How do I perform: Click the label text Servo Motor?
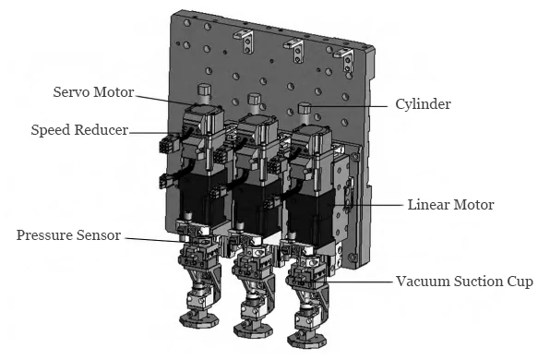(x=92, y=92)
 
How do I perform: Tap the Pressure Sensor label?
(x=68, y=235)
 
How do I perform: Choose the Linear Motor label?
(x=450, y=204)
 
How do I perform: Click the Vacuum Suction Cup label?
(x=464, y=281)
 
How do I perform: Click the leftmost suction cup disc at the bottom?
(x=197, y=320)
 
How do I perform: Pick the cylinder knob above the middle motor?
(x=254, y=98)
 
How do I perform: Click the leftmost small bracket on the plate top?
(x=247, y=38)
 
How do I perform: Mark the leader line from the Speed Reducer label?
(x=157, y=132)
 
